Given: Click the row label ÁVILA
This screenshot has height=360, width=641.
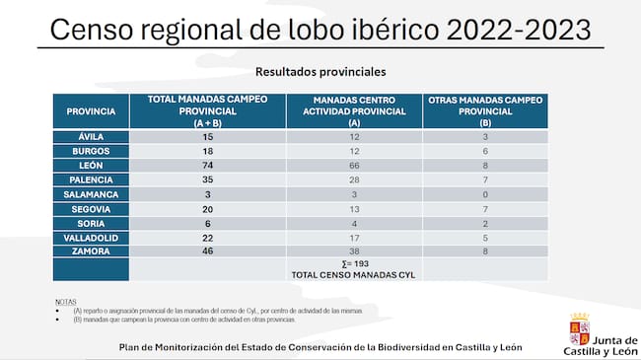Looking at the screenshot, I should click(91, 136).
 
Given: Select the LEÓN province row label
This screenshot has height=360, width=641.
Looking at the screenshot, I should click(91, 166).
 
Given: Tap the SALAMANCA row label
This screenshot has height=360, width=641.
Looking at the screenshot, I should click(91, 194).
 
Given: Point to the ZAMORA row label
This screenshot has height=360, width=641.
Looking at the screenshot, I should click(91, 252).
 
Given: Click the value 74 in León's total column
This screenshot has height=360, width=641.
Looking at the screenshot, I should click(207, 166).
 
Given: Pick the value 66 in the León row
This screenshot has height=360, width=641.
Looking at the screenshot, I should click(354, 166).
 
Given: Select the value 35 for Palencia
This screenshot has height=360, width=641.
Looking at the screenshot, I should click(207, 180).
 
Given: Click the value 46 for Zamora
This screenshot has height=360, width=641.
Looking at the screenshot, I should click(207, 252).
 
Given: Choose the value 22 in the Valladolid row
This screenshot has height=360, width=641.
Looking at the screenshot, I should click(207, 238).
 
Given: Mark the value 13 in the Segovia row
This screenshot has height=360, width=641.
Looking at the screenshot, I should click(354, 209).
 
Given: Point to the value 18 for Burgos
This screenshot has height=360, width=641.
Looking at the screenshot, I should click(207, 151).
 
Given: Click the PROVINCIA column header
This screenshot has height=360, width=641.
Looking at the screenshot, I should click(91, 111).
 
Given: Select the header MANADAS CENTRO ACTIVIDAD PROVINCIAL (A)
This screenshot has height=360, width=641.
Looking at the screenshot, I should click(354, 111).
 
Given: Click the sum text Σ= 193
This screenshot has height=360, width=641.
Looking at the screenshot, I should click(354, 264).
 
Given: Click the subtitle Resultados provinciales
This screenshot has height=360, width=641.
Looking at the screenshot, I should click(320, 72).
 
